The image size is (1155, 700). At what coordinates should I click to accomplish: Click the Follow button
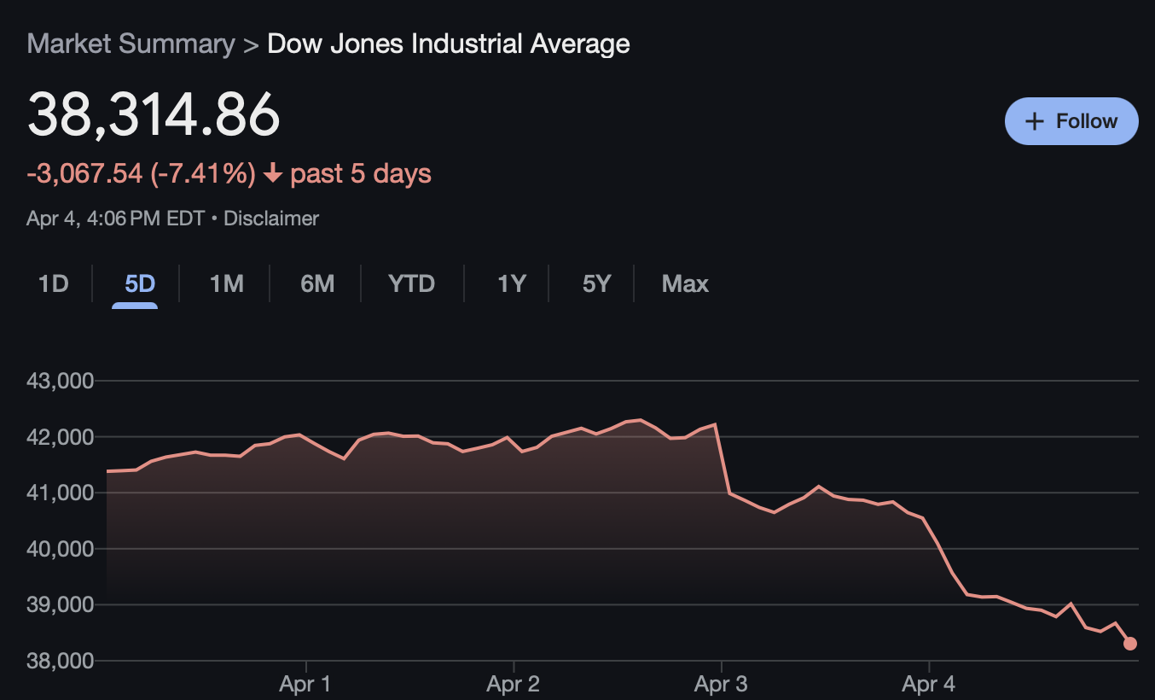coord(1071,121)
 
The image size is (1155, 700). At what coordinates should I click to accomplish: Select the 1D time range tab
coord(53,283)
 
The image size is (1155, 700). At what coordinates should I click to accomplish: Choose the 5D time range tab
coord(140,283)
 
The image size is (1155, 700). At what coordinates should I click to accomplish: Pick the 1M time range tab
coord(227,283)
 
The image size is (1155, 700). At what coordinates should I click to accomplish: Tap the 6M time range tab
coord(317,283)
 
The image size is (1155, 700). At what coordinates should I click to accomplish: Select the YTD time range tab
coord(411,283)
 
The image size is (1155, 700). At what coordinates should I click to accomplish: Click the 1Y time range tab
coord(511,283)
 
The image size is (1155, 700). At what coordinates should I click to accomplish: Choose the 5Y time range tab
coord(596,283)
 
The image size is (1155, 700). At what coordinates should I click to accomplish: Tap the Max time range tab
coord(685,283)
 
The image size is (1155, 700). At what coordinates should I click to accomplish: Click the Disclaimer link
coord(271,219)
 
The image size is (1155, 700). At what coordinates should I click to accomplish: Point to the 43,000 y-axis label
coord(60,381)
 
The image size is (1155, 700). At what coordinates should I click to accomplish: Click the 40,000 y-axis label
coord(60,549)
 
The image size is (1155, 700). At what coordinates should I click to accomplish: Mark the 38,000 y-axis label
coord(60,661)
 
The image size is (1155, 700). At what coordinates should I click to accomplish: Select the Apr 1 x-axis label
coord(305,684)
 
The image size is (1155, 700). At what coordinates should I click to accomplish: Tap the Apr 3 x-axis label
coord(721,684)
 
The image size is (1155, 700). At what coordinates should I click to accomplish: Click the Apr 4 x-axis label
coord(929,684)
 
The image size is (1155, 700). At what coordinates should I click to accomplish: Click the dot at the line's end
coord(1130,644)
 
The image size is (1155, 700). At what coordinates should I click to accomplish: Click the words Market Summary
coord(131,44)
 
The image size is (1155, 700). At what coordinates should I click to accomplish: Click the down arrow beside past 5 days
coord(273,174)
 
